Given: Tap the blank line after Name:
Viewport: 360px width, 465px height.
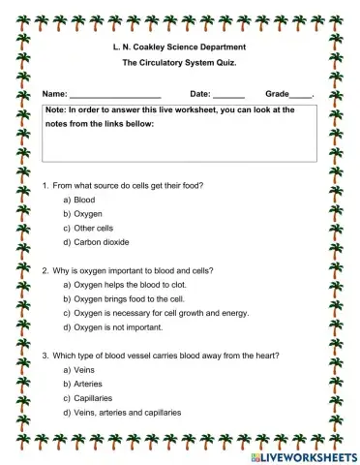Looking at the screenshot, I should [x=114, y=95].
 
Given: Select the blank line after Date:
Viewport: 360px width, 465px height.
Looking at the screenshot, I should [x=227, y=95].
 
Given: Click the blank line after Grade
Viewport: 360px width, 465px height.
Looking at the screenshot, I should [x=300, y=95].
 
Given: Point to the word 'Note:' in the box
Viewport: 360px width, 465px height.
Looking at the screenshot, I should [x=55, y=111].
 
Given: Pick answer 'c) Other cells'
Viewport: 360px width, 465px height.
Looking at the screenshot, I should [x=89, y=227].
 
